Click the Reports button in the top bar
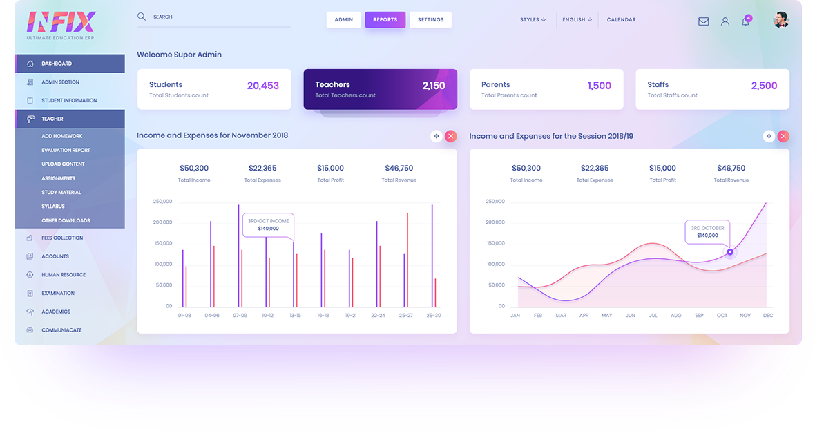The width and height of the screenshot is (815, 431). (x=385, y=19)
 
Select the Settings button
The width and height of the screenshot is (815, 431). (x=430, y=19)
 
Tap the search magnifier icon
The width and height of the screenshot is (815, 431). (x=142, y=16)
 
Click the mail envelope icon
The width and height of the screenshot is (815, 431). (x=703, y=21)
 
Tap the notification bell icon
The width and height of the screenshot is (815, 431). (x=745, y=21)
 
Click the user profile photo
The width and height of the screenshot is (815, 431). (x=780, y=19)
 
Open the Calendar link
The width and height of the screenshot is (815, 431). (x=621, y=20)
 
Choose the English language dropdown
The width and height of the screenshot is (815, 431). (x=577, y=20)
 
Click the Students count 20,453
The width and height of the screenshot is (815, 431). (x=263, y=86)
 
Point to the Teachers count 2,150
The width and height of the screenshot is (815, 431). (x=434, y=86)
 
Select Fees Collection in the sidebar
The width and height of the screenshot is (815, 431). (x=62, y=238)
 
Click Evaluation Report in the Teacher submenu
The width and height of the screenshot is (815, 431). (x=66, y=150)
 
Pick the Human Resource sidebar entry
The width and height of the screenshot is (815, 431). (x=64, y=275)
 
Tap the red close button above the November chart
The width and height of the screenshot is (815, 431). (x=451, y=136)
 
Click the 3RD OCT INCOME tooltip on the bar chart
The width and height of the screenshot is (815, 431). (x=268, y=224)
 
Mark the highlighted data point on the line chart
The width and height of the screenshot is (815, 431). (x=730, y=251)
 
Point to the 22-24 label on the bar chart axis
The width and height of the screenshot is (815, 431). (x=378, y=315)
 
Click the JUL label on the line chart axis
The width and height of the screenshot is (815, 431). (x=653, y=315)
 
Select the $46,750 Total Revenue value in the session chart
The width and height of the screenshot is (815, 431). (x=731, y=168)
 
